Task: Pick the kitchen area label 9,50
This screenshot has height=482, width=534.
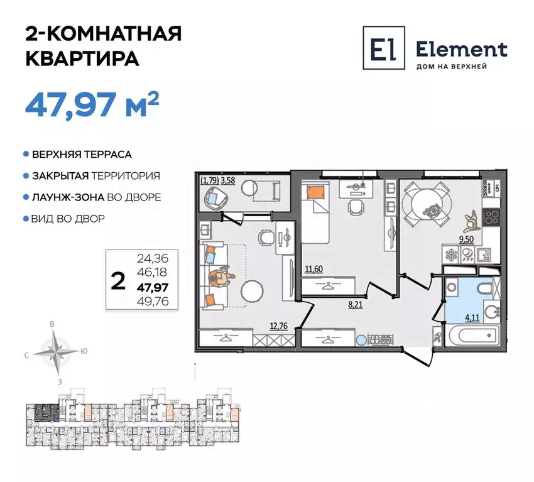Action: pos(466,239)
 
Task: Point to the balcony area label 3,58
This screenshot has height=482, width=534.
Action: pos(226,180)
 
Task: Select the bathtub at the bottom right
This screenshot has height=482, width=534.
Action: pos(472,335)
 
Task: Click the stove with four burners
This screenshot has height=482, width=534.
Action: pos(491,218)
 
